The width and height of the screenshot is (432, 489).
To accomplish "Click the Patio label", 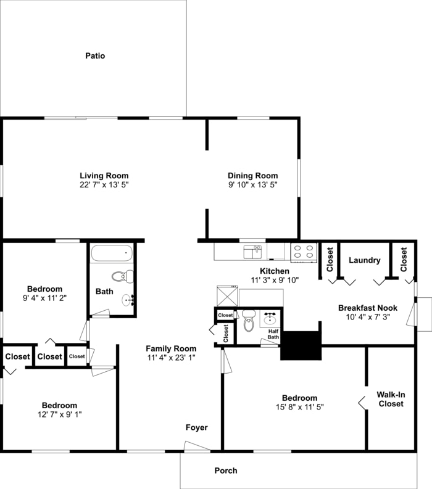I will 95,56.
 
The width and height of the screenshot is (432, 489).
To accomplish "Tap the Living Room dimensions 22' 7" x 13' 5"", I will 104,184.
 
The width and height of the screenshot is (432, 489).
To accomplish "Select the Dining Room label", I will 252,175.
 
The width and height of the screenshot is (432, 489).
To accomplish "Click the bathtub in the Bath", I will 112,253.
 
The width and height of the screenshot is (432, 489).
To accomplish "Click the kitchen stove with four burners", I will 304,252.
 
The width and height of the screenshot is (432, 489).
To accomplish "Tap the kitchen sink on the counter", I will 252,251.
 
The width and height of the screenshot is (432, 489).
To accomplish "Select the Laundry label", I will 364,260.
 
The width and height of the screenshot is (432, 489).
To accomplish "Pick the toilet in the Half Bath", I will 249,319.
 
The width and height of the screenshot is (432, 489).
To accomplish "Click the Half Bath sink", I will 270,318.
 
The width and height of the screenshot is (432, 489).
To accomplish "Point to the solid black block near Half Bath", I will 301,345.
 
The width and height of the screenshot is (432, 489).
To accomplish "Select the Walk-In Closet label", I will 391,399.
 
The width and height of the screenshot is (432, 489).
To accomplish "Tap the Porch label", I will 226,471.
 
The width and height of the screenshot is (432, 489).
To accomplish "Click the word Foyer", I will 197,427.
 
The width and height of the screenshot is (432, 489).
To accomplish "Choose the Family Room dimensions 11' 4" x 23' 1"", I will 171,357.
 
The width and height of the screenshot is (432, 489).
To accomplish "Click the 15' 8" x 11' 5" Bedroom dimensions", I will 299,407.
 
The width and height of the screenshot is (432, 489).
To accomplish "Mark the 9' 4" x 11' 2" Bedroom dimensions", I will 44,298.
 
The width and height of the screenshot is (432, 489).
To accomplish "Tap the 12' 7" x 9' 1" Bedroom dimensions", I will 59,414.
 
